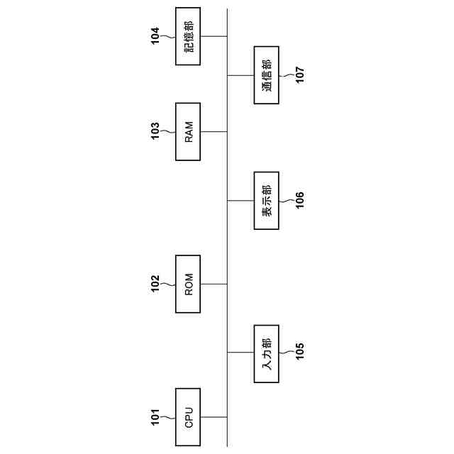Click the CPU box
(x=188, y=416)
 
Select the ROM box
(x=188, y=284)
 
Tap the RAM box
(x=188, y=131)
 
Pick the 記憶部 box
(x=188, y=36)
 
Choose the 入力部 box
(x=267, y=353)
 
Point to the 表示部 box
(x=267, y=200)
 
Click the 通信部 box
(x=267, y=75)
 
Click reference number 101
(x=155, y=416)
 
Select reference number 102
(x=155, y=284)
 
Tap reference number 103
(x=155, y=131)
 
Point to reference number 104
(x=155, y=36)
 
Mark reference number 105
(x=299, y=353)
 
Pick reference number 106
(x=299, y=200)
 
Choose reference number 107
(x=299, y=75)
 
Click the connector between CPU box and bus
(x=214, y=416)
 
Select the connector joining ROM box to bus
(x=214, y=284)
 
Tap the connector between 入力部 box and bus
(x=240, y=353)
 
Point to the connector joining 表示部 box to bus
(x=240, y=200)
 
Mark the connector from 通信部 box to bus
(x=240, y=75)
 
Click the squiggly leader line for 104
(x=169, y=36)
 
